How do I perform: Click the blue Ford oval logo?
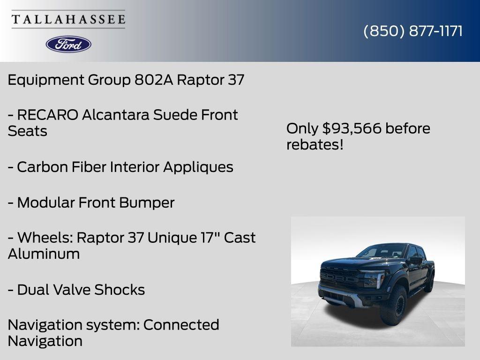(x=68, y=44)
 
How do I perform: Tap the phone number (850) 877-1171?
(x=413, y=31)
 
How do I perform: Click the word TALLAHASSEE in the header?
(x=68, y=20)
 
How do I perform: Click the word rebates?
(x=315, y=145)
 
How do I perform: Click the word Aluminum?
(x=44, y=254)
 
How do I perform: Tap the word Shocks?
(x=120, y=290)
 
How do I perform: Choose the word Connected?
(x=181, y=325)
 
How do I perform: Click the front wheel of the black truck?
(x=394, y=306)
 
